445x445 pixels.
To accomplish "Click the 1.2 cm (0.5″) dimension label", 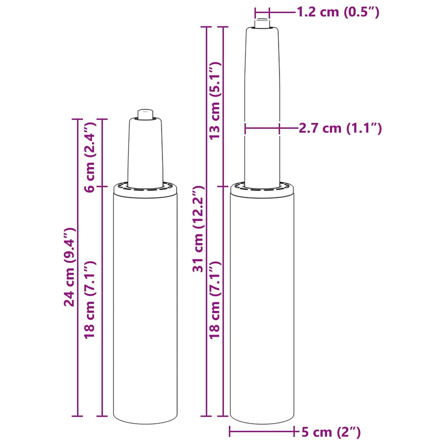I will click(x=338, y=12).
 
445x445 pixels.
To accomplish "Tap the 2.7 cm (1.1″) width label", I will click(x=340, y=128).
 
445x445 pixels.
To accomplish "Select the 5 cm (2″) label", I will click(x=331, y=432).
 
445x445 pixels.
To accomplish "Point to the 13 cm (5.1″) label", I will click(x=215, y=101).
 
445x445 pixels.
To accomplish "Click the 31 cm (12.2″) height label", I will click(x=199, y=229).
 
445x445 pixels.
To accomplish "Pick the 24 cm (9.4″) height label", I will click(x=69, y=267).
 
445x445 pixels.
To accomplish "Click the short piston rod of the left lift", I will click(x=145, y=152).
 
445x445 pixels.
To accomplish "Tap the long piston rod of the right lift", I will click(x=262, y=106).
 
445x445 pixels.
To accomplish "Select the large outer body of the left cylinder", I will click(x=145, y=306).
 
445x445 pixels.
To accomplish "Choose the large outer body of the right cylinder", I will click(x=262, y=306).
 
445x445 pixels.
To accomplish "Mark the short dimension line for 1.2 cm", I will click(x=262, y=12).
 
